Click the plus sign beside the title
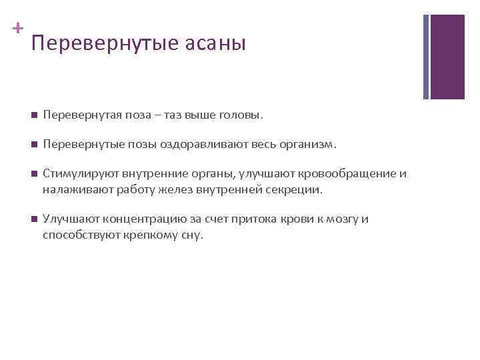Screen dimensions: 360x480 17,29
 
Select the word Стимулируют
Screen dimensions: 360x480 74,174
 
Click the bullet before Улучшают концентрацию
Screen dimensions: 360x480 33,219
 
